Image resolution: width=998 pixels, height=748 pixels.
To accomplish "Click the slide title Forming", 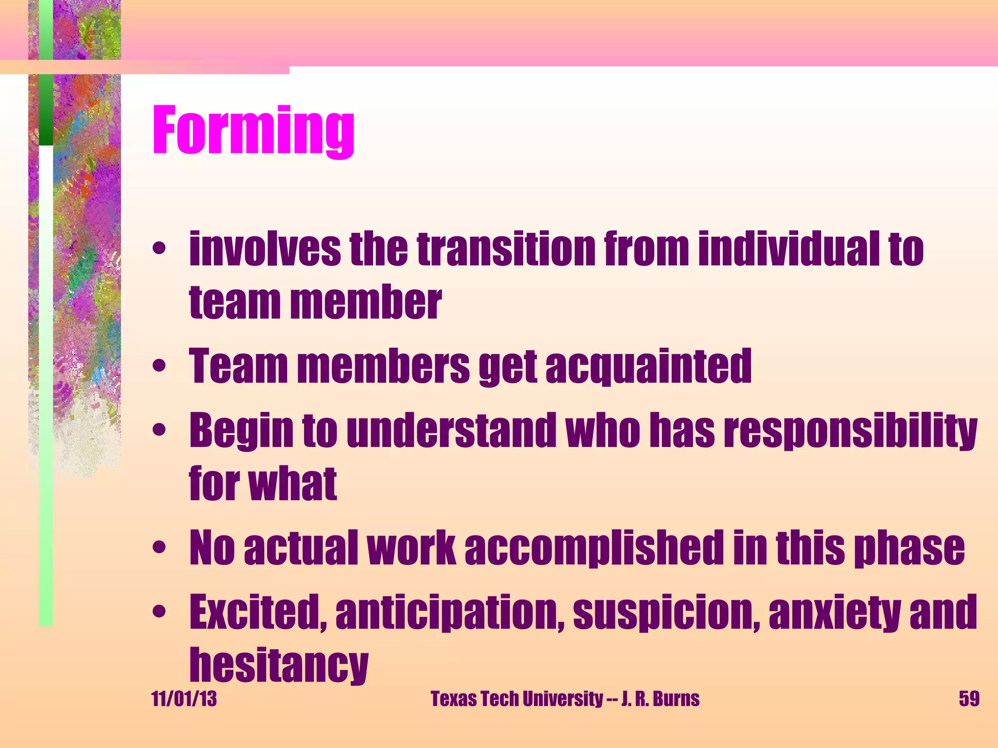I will click(253, 131).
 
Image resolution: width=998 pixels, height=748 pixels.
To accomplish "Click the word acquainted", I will click(648, 366).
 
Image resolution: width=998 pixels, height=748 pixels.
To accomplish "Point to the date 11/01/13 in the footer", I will click(184, 699).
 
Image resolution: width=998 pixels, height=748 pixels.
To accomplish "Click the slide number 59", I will click(969, 699).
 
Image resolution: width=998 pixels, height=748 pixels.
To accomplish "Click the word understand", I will click(451, 430).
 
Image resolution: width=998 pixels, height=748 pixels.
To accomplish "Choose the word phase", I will click(909, 549).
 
